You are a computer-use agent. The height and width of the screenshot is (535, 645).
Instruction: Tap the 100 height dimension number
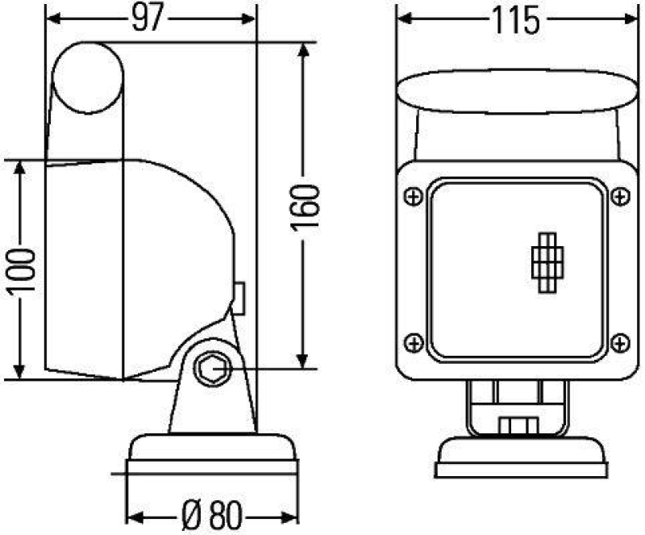coord(23,270)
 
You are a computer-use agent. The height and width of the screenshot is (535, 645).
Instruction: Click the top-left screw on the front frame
coord(413,196)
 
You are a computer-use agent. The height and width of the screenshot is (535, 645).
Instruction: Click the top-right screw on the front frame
coord(618,196)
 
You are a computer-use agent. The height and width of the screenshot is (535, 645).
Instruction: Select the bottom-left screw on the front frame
coord(413,342)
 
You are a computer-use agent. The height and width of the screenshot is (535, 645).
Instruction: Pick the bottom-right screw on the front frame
coord(618,342)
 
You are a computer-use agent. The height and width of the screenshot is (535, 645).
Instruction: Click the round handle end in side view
coord(88,77)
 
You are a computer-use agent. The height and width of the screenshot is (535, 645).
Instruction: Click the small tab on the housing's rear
coord(239,297)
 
